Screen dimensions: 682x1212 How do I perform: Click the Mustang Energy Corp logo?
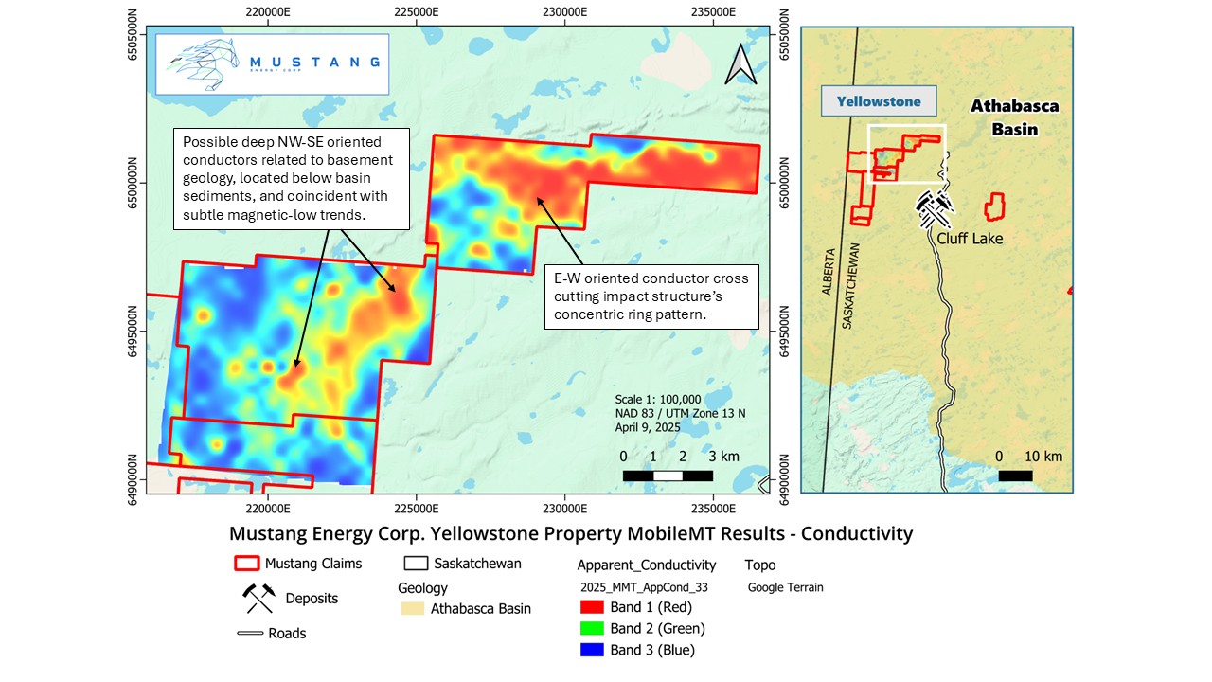click(272, 63)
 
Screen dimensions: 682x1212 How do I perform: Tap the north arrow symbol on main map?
click(738, 63)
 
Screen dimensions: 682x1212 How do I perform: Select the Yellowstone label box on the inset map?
click(878, 100)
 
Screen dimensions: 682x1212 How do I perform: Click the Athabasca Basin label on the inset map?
click(1014, 117)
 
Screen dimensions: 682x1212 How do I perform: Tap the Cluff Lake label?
click(970, 238)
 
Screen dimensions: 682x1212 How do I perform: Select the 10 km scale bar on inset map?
click(1015, 476)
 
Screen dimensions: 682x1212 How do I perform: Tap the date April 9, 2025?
click(648, 427)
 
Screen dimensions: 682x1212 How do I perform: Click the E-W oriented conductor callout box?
click(651, 296)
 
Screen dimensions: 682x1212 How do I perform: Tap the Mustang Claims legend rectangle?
click(246, 564)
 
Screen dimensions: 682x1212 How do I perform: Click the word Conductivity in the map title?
click(857, 533)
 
